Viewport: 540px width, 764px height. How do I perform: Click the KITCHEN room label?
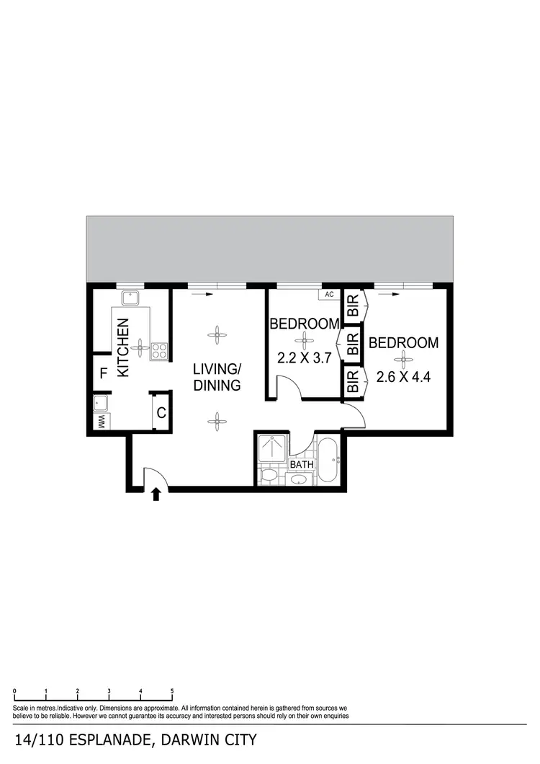[x=123, y=347]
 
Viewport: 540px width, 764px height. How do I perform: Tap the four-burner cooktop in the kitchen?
[x=159, y=352]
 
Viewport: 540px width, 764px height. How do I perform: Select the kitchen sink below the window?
[x=130, y=298]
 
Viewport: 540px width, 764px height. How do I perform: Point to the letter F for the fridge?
[x=104, y=373]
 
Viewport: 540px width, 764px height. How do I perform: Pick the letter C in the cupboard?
[x=161, y=413]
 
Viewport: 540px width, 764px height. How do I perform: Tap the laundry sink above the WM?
[x=101, y=402]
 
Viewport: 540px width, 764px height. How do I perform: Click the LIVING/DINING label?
[x=217, y=377]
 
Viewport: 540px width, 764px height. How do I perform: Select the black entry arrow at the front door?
[x=156, y=494]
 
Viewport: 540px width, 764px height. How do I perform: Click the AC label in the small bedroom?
[x=329, y=294]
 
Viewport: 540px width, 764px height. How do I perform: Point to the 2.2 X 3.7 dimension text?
[x=304, y=357]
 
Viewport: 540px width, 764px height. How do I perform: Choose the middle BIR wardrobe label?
[x=353, y=345]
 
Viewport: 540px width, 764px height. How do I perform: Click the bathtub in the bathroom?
[x=329, y=460]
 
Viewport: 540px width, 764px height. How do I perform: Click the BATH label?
[x=302, y=464]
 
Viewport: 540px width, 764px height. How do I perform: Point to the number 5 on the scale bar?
[x=172, y=692]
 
